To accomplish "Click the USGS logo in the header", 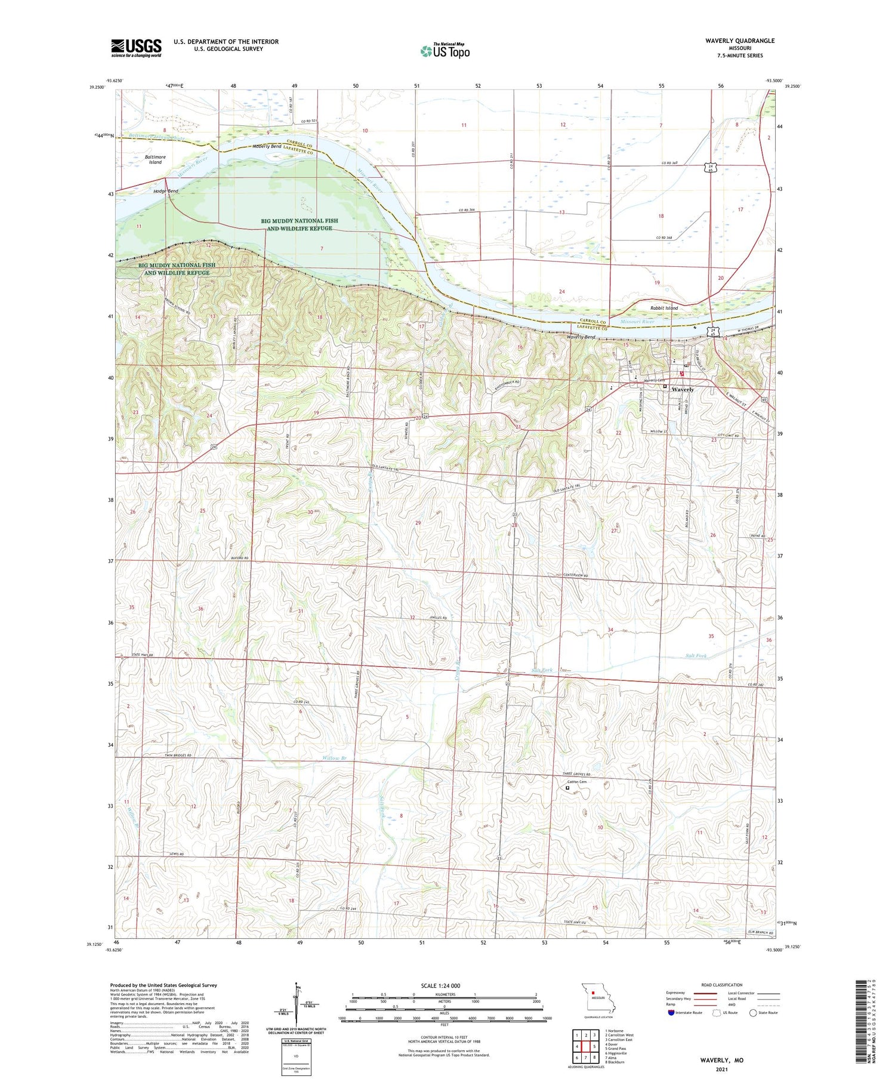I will pyautogui.click(x=136, y=48).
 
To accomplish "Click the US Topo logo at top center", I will pyautogui.click(x=445, y=51).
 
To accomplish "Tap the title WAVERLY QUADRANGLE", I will pyautogui.click(x=740, y=41).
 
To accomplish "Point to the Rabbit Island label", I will pyautogui.click(x=664, y=308).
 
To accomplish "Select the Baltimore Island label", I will pyautogui.click(x=155, y=159).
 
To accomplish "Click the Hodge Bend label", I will pyautogui.click(x=165, y=191).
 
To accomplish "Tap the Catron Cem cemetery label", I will pyautogui.click(x=577, y=782).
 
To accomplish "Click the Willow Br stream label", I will pyautogui.click(x=335, y=759).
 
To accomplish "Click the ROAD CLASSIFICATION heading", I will pyautogui.click(x=722, y=985).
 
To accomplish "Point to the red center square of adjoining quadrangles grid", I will pyautogui.click(x=586, y=1046).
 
